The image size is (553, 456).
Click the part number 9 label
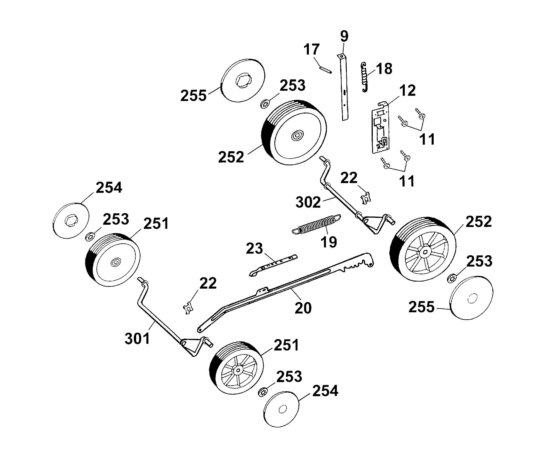[x=344, y=36]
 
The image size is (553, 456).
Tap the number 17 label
[x=312, y=49]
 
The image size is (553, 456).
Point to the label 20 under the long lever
[x=303, y=308]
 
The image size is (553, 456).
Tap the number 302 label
[x=308, y=202]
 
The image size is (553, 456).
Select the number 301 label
[x=137, y=339]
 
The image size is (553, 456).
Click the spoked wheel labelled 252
[x=423, y=249]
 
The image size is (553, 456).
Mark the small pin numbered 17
[x=326, y=70]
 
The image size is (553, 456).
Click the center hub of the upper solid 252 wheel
[x=297, y=136]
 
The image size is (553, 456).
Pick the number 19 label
[x=329, y=242]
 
